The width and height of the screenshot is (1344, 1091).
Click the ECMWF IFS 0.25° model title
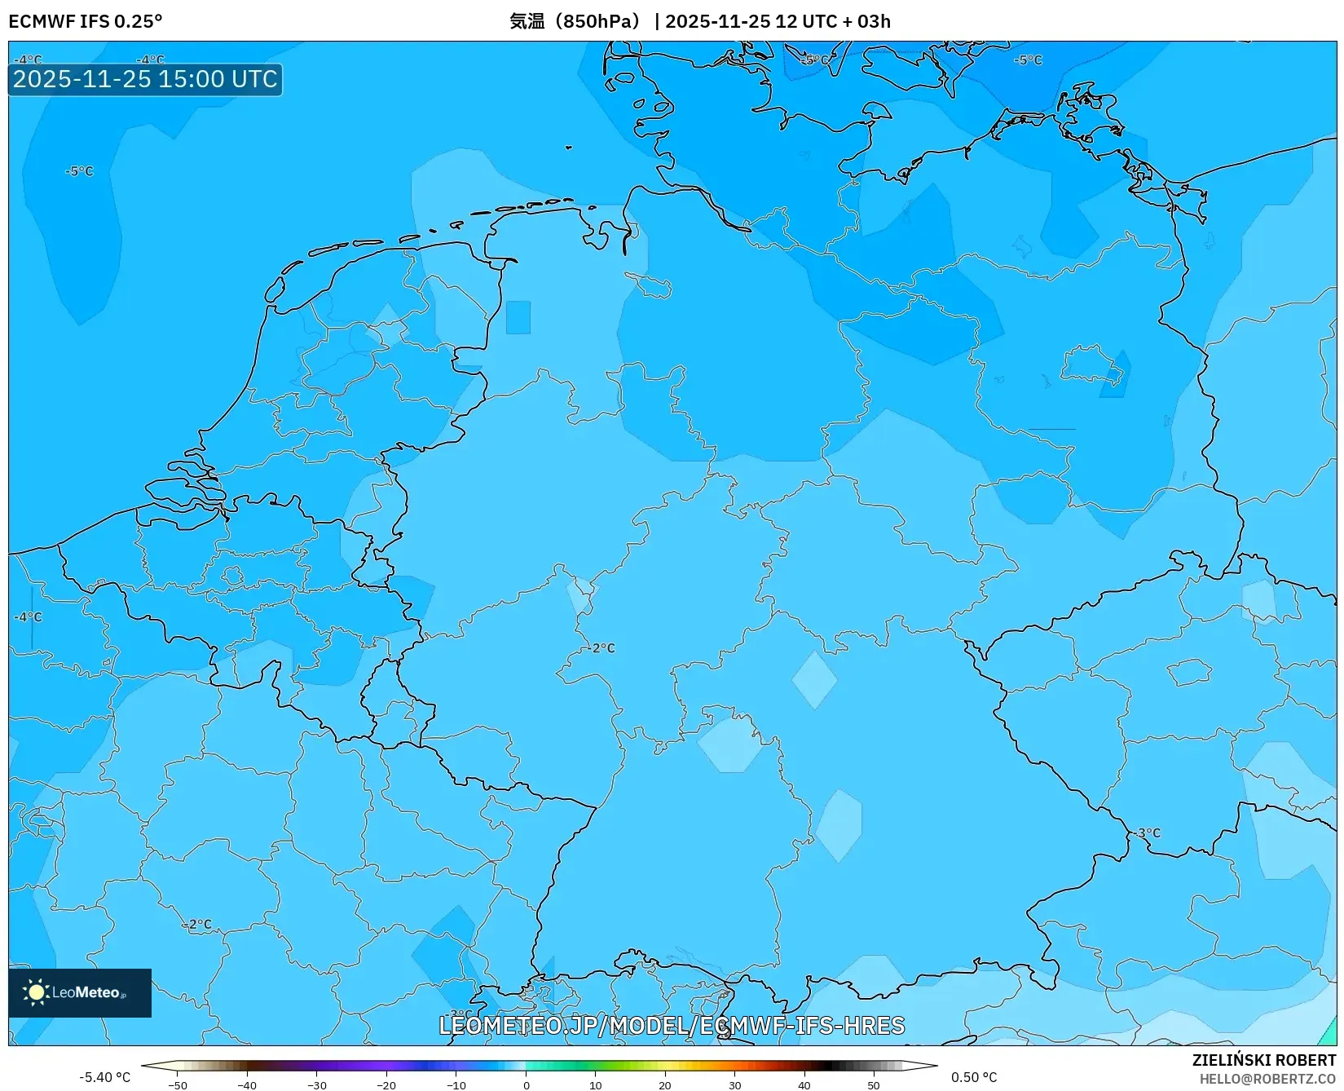(86, 21)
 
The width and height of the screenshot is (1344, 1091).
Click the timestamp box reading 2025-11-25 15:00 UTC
(145, 79)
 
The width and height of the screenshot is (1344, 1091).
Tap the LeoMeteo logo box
(80, 992)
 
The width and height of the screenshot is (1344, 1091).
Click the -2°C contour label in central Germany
(601, 648)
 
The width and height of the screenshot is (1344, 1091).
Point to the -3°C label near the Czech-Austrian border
(1147, 833)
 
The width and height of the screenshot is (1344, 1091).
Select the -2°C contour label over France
(198, 925)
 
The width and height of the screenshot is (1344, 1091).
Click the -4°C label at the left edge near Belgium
(28, 617)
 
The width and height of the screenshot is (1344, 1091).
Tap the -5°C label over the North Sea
(80, 171)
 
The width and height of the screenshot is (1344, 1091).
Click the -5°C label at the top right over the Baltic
(1028, 60)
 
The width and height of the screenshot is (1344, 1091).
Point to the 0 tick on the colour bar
(527, 1084)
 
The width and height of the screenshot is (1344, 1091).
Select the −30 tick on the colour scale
(317, 1084)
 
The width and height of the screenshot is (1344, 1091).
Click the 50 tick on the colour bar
(874, 1084)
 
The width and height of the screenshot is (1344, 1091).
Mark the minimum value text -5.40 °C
(104, 1077)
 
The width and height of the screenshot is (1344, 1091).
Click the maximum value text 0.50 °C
(974, 1077)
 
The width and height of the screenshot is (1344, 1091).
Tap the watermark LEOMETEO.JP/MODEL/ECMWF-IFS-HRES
(672, 1025)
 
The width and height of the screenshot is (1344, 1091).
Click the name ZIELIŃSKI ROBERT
(1264, 1060)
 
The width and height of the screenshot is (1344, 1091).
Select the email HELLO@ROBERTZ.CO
(1267, 1079)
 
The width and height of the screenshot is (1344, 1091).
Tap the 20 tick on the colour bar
(665, 1084)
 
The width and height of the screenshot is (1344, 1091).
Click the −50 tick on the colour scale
(177, 1084)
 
